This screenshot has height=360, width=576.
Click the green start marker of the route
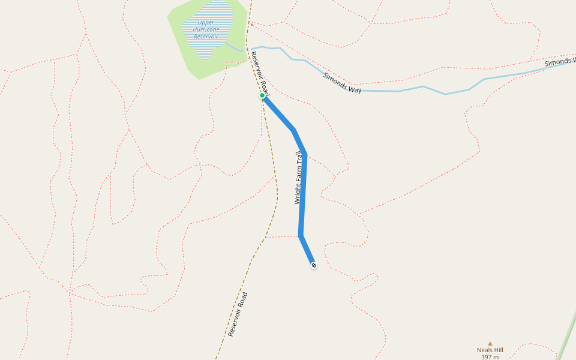262,95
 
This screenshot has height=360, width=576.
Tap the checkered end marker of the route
313,265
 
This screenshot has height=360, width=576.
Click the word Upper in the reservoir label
206,22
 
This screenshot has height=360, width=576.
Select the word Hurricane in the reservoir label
206,29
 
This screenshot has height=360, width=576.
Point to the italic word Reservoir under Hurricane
206,37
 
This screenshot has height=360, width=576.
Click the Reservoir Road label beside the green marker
260,73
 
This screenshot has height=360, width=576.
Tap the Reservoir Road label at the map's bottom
238,314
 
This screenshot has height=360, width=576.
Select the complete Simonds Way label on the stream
342,82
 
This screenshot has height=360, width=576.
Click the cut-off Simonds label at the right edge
560,62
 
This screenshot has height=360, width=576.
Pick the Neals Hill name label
490,350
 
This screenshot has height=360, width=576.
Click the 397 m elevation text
490,357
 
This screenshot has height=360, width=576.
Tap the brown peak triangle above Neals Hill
490,344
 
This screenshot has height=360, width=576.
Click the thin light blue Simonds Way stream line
420,88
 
